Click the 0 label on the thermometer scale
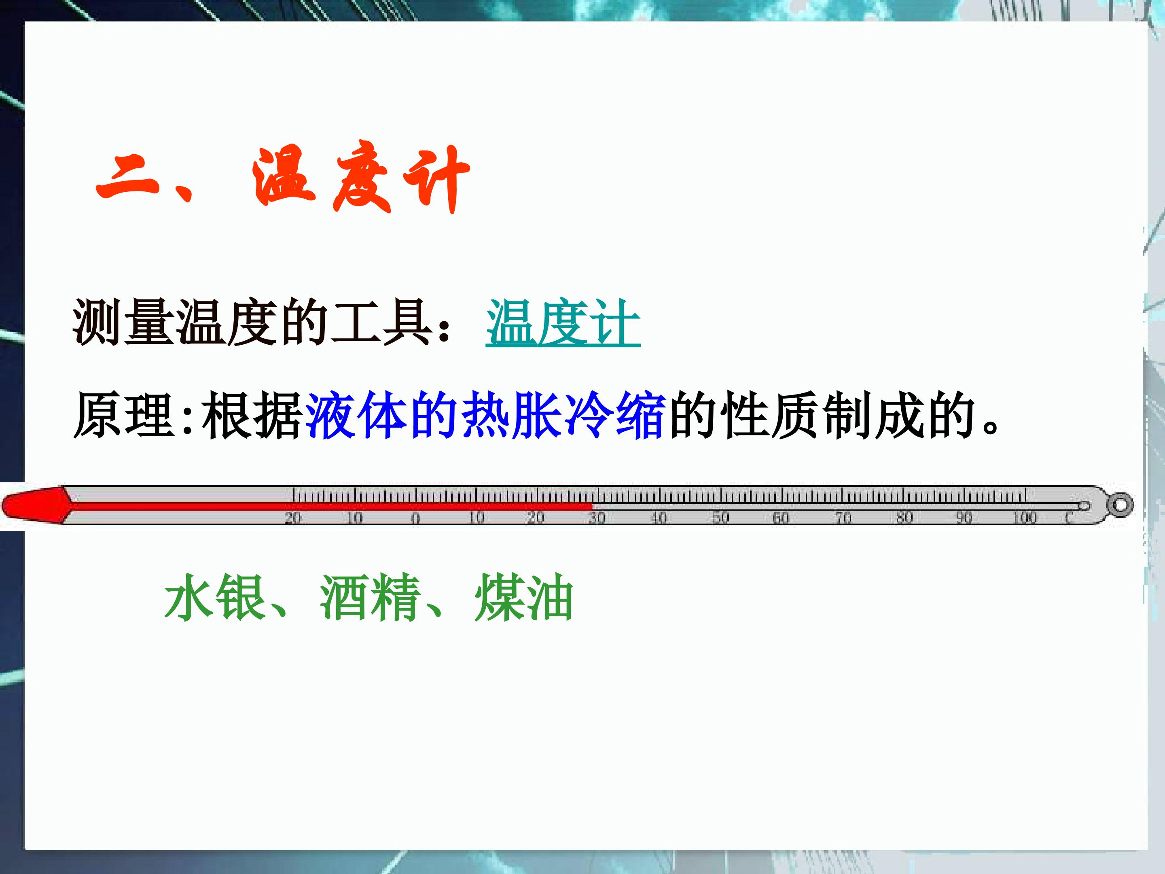pos(415,518)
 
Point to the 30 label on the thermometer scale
pos(597,518)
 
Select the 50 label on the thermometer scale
pos(720,518)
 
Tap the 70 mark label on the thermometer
pos(843,518)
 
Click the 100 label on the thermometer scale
pos(1025,518)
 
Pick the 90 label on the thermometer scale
pos(964,518)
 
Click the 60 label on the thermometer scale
pos(781,518)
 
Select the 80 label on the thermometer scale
pos(904,518)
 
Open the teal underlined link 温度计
pos(563,322)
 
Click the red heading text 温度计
pos(361,178)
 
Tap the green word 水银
pos(214,597)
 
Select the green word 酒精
pos(370,597)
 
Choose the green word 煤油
pos(523,597)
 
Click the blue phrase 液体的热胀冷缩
pos(485,416)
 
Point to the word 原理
pos(124,416)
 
